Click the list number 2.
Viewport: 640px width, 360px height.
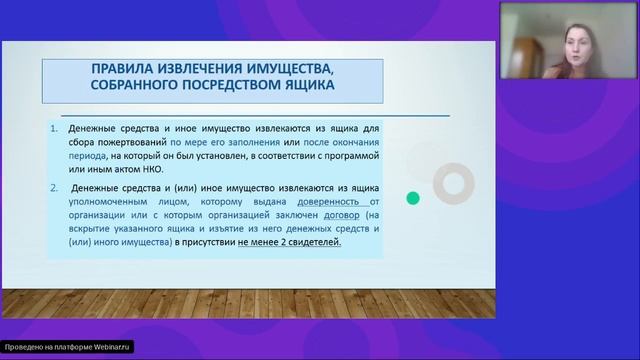point(55,187)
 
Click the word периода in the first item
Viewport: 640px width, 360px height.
point(86,156)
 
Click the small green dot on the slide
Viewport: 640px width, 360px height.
point(413,198)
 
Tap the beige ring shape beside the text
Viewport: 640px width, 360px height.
point(454,182)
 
